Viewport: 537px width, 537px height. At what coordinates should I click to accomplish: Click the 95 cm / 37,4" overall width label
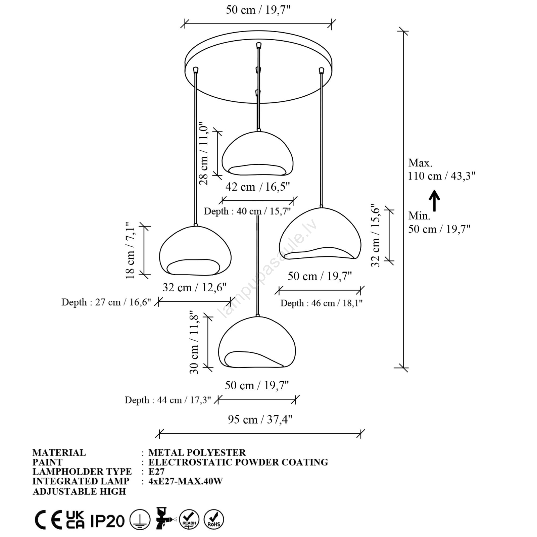click(260, 420)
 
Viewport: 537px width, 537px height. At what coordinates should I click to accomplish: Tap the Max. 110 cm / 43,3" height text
click(441, 169)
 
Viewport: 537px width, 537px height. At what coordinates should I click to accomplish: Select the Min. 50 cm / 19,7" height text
click(439, 223)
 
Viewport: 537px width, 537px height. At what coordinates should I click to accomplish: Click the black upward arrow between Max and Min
click(435, 200)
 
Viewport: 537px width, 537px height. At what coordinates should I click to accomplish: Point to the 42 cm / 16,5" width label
click(257, 187)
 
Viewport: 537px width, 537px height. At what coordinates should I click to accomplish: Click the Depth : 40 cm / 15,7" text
click(247, 211)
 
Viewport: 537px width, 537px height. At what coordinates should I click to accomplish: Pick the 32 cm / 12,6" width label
click(195, 287)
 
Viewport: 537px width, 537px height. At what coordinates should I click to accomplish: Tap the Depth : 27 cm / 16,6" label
click(106, 302)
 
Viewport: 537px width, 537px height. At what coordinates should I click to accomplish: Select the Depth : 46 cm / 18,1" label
click(321, 303)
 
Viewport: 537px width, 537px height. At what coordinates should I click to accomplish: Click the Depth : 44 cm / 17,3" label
click(168, 400)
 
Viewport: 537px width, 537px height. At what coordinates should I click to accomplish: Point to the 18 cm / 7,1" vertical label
click(130, 250)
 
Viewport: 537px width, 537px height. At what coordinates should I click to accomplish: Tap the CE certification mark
click(48, 520)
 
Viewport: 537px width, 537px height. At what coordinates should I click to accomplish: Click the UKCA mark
click(75, 520)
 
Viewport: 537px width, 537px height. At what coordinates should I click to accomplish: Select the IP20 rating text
click(107, 521)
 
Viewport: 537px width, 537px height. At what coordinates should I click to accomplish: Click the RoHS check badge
click(214, 520)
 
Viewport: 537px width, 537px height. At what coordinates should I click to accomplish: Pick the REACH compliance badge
click(189, 520)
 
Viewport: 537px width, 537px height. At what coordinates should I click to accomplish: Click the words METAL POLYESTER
click(197, 452)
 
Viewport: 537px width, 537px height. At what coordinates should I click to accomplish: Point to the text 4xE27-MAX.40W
click(186, 481)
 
